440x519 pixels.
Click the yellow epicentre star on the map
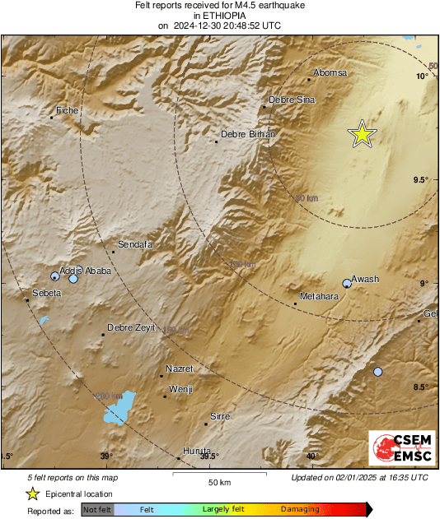coord(362,133)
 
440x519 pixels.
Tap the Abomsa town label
coord(331,72)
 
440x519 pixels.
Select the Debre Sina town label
coord(293,100)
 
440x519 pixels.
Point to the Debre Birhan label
coord(248,134)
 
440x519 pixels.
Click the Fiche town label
coord(67,109)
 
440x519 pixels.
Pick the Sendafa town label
coord(136,244)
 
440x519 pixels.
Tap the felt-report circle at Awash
coord(347,284)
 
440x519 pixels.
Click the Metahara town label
coord(319,296)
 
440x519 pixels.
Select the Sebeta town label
coord(46,293)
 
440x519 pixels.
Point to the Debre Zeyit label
coord(131,327)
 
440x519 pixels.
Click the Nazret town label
coord(179,368)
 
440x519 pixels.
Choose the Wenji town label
coord(180,389)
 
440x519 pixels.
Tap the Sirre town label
coord(220,417)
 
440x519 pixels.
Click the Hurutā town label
coord(197,450)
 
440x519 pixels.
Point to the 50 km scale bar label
coord(218,481)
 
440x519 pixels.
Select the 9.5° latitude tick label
coord(421,179)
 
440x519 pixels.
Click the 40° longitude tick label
coord(312,456)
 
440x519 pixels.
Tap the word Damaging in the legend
coord(300,510)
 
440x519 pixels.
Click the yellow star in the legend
coord(32,494)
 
